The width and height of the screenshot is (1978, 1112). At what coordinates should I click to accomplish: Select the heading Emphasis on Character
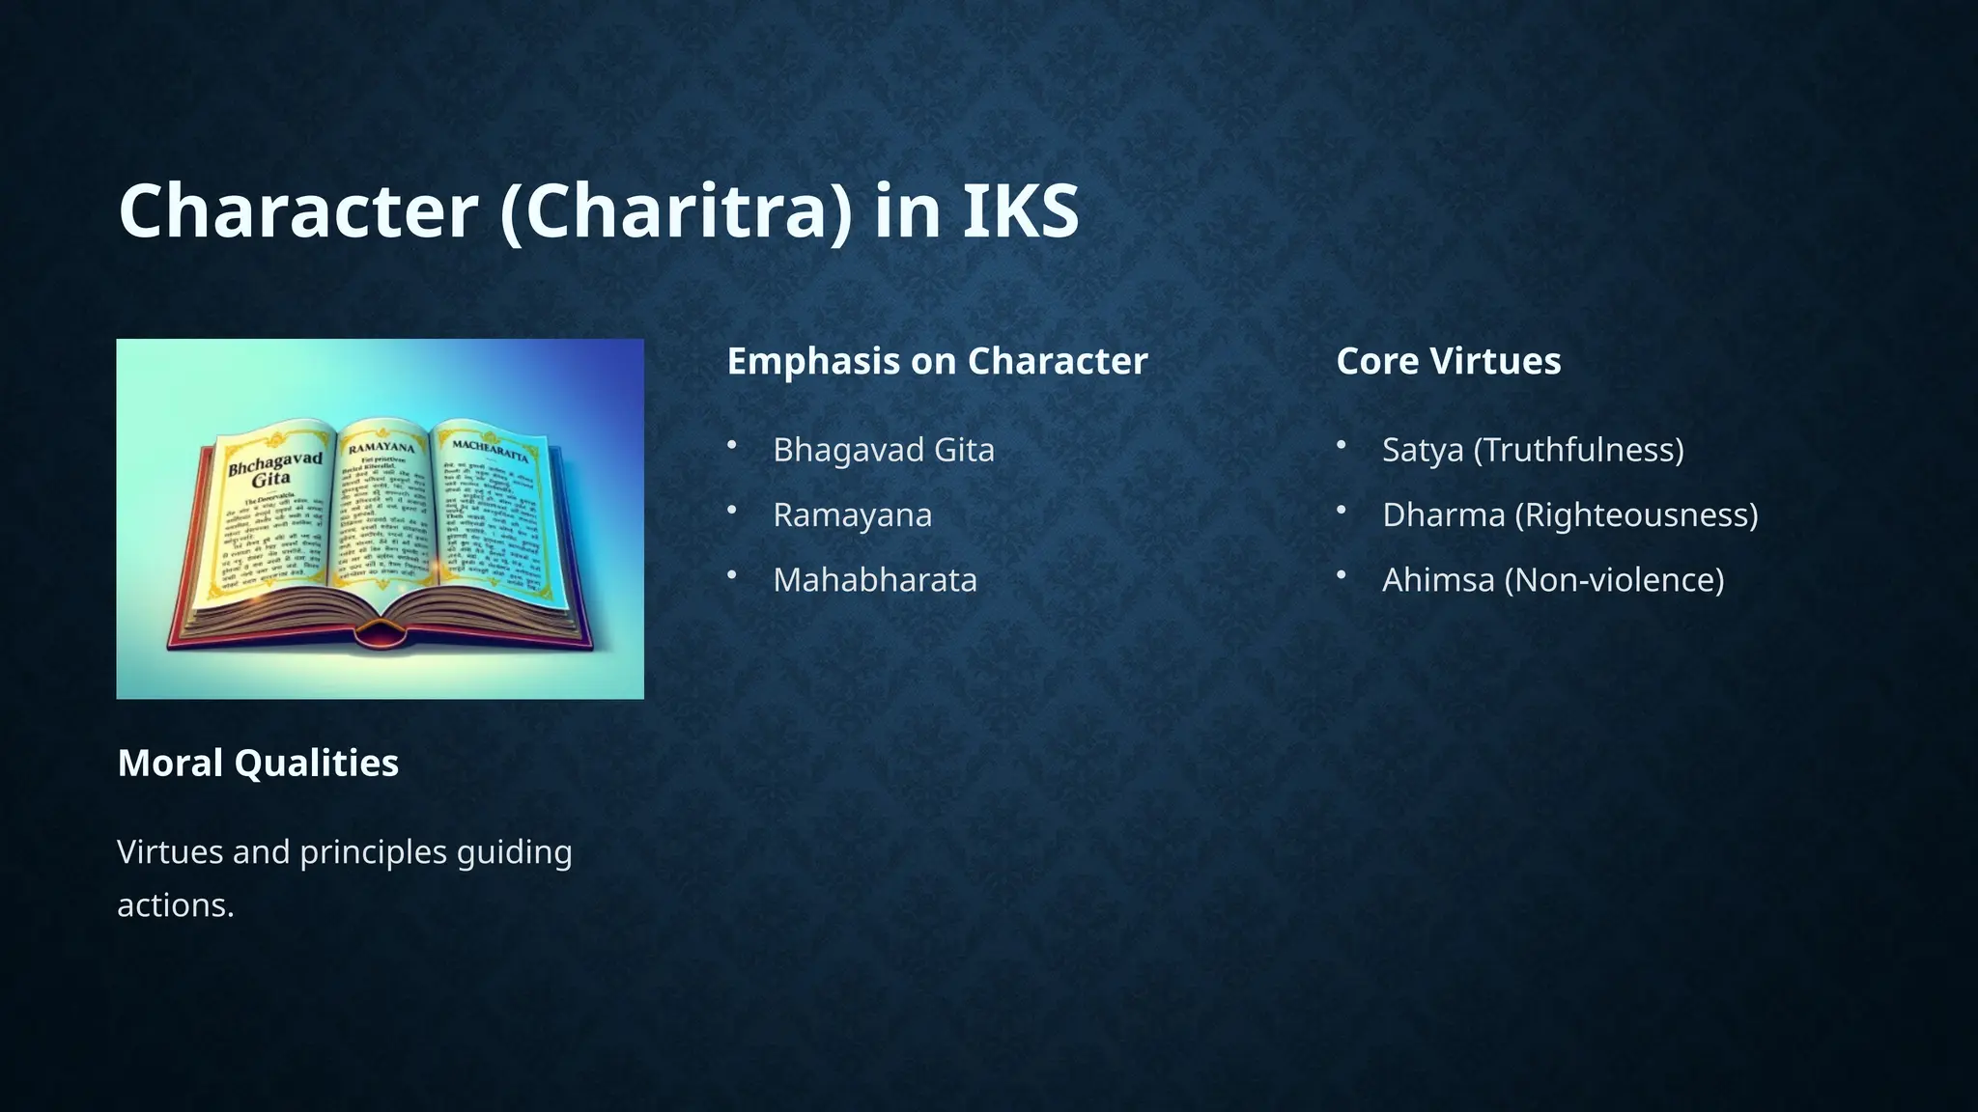pyautogui.click(x=937, y=361)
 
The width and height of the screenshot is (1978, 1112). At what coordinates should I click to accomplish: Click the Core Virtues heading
pyautogui.click(x=1448, y=361)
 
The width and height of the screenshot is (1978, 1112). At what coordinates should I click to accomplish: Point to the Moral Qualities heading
pyautogui.click(x=258, y=763)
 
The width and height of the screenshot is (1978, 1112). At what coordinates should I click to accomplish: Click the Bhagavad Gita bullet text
pyautogui.click(x=883, y=450)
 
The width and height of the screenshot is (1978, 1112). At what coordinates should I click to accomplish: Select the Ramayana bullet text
pyautogui.click(x=852, y=514)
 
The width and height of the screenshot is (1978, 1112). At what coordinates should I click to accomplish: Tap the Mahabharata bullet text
pyautogui.click(x=874, y=580)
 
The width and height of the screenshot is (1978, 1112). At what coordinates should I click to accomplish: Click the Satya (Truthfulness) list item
pyautogui.click(x=1533, y=450)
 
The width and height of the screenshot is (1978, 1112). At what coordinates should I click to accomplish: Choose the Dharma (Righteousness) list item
pyautogui.click(x=1569, y=514)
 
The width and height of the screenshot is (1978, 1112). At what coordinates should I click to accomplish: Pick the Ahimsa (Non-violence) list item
pyautogui.click(x=1552, y=580)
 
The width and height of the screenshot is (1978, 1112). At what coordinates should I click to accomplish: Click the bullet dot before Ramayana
pyautogui.click(x=732, y=510)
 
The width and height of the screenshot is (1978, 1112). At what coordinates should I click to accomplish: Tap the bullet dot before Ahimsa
pyautogui.click(x=1342, y=575)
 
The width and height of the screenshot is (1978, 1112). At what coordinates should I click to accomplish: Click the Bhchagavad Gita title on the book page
pyautogui.click(x=274, y=469)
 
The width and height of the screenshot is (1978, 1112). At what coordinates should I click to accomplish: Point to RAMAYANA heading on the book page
pyautogui.click(x=381, y=448)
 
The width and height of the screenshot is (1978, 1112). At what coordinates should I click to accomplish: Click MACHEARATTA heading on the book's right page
pyautogui.click(x=490, y=450)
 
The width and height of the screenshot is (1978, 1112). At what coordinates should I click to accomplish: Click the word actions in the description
pyautogui.click(x=175, y=905)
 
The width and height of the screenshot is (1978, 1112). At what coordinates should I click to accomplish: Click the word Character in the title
pyautogui.click(x=298, y=211)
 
